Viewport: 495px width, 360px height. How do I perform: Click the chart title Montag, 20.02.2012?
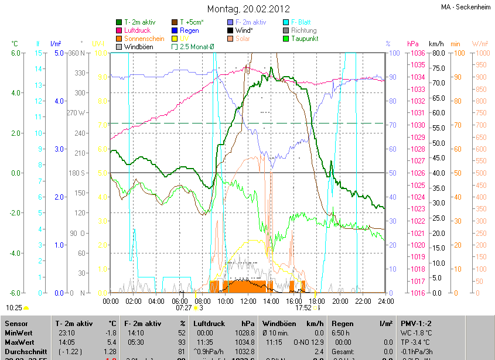pos(249,9)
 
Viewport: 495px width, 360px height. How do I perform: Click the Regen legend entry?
pos(189,30)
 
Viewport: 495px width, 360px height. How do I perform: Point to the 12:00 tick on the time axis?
pos(248,301)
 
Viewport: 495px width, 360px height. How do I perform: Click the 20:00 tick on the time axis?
pos(340,301)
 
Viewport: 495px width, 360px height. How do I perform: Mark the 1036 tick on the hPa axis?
pos(418,53)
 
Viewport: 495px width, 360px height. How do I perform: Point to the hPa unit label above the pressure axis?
pos(412,44)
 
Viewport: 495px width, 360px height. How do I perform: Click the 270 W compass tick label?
pos(77,113)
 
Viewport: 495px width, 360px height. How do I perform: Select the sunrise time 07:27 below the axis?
pos(183,307)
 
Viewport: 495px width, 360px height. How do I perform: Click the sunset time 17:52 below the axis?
pos(303,307)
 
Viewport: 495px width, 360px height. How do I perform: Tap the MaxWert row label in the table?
pos(19,341)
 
